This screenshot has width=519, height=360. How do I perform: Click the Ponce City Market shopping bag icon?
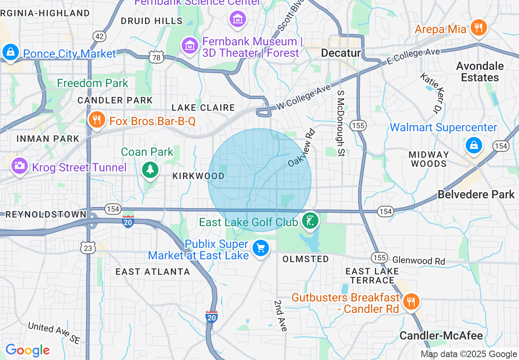9,52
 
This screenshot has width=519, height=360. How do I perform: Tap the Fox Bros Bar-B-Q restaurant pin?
97,120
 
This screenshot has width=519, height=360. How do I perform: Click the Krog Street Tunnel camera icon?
19,166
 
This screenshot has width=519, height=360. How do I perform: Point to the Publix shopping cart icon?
261,248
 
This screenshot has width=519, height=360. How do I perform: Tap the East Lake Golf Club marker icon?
310,221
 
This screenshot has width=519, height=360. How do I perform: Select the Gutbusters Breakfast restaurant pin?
411,302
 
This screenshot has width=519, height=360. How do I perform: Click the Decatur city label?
341,53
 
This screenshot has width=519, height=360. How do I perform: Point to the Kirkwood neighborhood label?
199,176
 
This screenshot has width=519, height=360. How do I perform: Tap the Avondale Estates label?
480,72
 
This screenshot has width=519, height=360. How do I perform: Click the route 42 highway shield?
99,36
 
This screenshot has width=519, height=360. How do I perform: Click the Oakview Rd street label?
302,148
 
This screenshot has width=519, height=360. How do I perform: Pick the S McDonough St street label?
341,123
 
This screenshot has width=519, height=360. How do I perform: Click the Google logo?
27,350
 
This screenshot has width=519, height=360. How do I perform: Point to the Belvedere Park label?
476,194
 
